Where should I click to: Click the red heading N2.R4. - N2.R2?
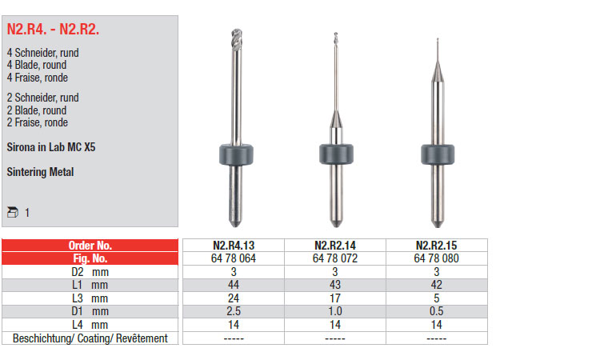point(53,29)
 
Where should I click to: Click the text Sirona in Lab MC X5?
point(50,147)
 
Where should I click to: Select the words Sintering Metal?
point(40,172)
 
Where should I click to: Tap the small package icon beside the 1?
point(13,212)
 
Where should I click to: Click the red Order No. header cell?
point(90,245)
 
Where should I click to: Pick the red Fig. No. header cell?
point(90,258)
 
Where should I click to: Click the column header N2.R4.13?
point(234,245)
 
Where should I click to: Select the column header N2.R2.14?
point(335,245)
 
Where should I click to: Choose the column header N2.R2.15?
point(437,245)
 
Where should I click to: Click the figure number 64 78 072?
point(335,258)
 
